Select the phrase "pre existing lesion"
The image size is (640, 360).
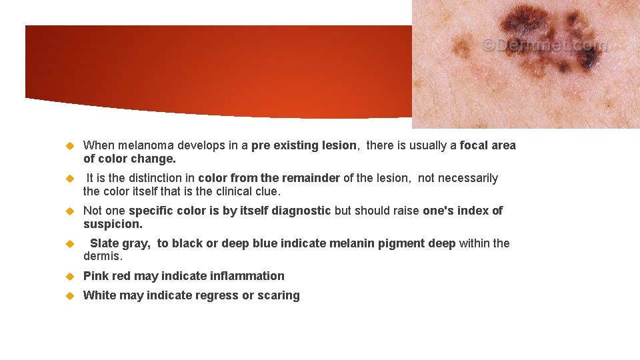pyautogui.click(x=304, y=145)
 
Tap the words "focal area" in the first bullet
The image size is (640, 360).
pyautogui.click(x=487, y=145)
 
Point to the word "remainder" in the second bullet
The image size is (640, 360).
pyautogui.click(x=311, y=178)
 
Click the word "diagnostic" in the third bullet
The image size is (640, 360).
pyautogui.click(x=299, y=211)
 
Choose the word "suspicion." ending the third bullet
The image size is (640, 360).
pyautogui.click(x=113, y=224)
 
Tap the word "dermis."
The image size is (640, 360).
pyautogui.click(x=103, y=256)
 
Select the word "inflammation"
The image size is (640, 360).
pyautogui.click(x=247, y=276)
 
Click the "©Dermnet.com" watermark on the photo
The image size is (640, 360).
pyautogui.click(x=544, y=45)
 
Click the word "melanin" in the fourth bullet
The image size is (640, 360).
pyautogui.click(x=354, y=243)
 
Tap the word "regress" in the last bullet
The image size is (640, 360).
pyautogui.click(x=217, y=295)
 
